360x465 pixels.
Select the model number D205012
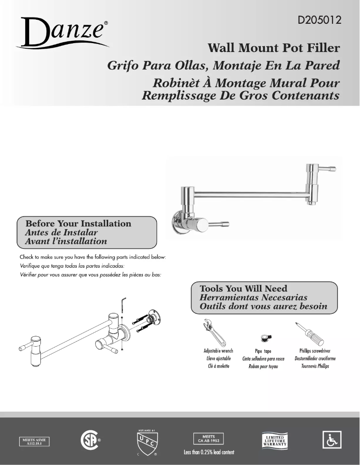pos(319,20)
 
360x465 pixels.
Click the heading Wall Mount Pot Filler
pos(273,48)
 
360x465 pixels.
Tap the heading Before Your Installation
pos(78,223)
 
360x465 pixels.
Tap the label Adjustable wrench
pos(218,351)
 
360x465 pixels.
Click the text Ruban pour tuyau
pos(263,367)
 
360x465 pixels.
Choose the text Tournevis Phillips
pos(315,366)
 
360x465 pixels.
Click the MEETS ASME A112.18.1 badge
pos(34,442)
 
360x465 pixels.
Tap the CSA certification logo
pos(88,440)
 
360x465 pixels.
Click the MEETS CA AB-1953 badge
pos(208,438)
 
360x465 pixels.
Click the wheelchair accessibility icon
pos(332,440)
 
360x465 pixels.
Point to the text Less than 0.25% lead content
pos(209,452)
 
